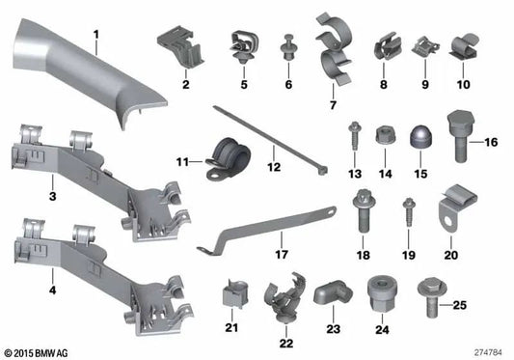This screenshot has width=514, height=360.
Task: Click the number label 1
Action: point(95,35)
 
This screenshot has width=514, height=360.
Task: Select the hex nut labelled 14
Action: point(385,135)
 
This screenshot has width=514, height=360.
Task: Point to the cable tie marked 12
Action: point(271,140)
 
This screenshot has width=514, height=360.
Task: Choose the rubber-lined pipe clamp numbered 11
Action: point(229,158)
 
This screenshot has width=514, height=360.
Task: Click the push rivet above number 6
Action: point(288,47)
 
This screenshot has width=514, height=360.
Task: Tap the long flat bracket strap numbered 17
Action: point(266,231)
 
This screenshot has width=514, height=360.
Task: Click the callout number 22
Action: point(286,344)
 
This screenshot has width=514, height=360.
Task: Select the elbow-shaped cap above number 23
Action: point(333,291)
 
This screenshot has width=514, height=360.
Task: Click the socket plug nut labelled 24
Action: point(382,294)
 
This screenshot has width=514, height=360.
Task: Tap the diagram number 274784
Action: point(488,353)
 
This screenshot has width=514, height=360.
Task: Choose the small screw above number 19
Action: point(409,212)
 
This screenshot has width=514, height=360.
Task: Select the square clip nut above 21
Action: point(233,293)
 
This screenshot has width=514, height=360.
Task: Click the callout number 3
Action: point(52,197)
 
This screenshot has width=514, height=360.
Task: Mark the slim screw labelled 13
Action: point(354,136)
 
